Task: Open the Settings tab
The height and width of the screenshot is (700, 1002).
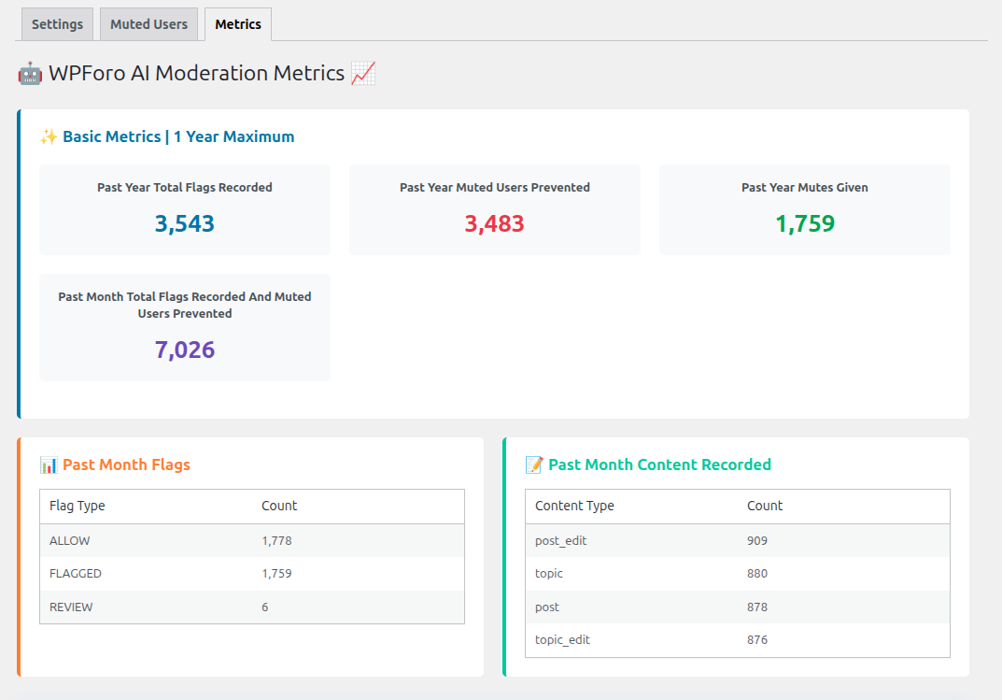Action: click(x=57, y=24)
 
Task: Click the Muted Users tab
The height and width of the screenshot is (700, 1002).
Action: click(x=148, y=24)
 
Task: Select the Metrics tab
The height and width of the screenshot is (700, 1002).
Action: click(x=238, y=24)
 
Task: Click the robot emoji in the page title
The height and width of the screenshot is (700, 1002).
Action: click(x=30, y=74)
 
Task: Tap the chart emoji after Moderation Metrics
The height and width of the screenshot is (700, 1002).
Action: click(x=363, y=74)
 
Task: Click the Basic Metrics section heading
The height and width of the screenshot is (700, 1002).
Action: click(x=177, y=136)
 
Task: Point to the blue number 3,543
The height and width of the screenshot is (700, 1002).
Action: click(x=185, y=223)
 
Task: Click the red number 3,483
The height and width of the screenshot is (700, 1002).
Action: click(x=495, y=223)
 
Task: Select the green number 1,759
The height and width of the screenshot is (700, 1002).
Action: click(x=805, y=223)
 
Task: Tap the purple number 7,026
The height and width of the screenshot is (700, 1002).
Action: click(x=185, y=350)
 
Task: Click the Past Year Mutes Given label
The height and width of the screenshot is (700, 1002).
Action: click(x=805, y=187)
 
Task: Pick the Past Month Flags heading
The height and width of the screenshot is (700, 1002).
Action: click(x=126, y=464)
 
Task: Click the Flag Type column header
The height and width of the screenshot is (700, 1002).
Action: click(x=78, y=506)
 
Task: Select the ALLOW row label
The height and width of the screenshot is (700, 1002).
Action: click(x=70, y=540)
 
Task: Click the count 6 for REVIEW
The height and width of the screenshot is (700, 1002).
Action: click(x=265, y=607)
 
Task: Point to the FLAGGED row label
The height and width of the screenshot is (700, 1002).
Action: click(x=76, y=573)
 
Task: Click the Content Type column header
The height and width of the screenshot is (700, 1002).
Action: click(x=574, y=506)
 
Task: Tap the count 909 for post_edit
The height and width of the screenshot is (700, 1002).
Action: click(x=757, y=540)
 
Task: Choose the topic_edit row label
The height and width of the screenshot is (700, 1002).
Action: click(x=562, y=639)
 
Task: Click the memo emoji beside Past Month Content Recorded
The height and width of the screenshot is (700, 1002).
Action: click(x=534, y=464)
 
